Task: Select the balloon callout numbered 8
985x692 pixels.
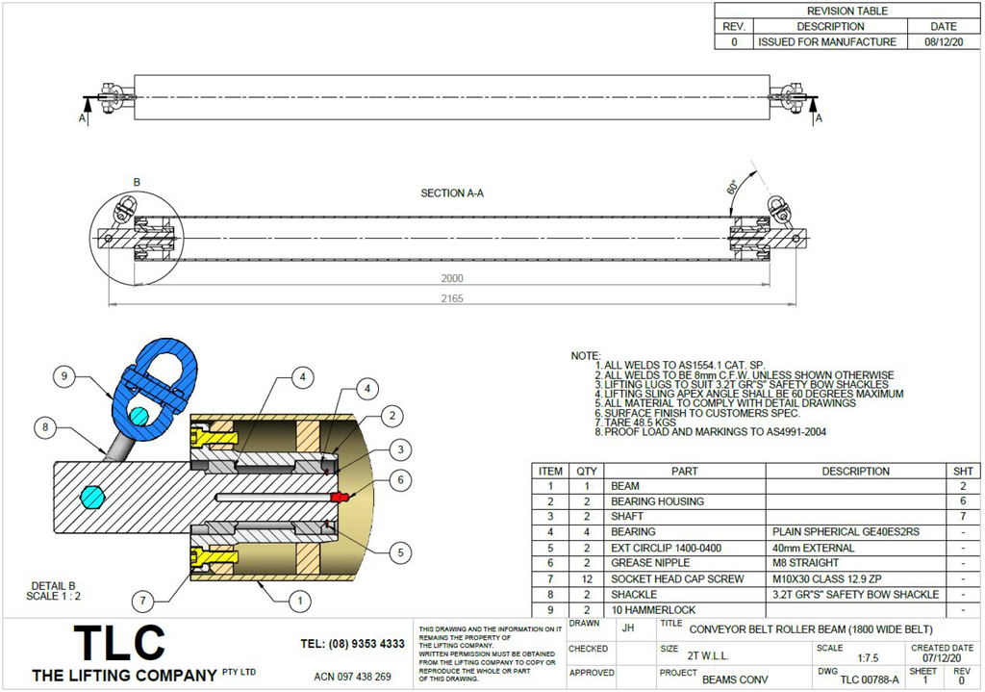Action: click(x=43, y=425)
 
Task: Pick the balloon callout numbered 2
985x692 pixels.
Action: click(x=391, y=415)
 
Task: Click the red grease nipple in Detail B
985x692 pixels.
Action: click(x=337, y=497)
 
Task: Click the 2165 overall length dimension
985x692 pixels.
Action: click(x=452, y=298)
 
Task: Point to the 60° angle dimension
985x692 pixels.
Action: click(x=734, y=185)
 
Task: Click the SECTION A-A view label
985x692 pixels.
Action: click(x=452, y=193)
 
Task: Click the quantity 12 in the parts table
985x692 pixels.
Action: click(x=585, y=577)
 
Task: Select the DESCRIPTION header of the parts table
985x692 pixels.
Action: click(x=856, y=471)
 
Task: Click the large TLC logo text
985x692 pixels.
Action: click(x=120, y=643)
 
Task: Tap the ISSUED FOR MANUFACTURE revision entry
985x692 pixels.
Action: click(x=826, y=42)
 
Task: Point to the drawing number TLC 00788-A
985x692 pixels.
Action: click(x=869, y=679)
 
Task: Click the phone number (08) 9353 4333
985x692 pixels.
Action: click(x=352, y=643)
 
